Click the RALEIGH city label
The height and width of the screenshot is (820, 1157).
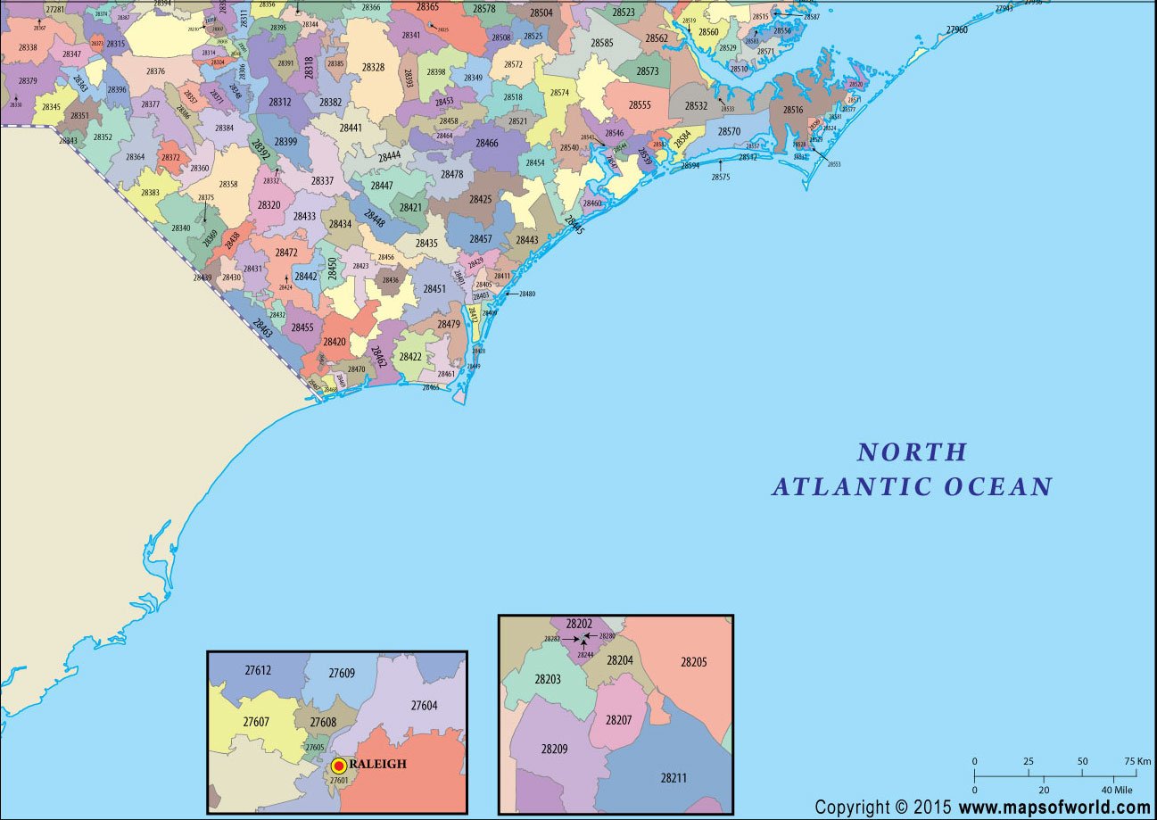(x=378, y=765)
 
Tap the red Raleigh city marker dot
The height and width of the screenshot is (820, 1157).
(x=339, y=766)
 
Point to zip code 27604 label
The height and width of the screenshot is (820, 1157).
(x=424, y=706)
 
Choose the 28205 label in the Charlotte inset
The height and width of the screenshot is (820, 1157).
(x=693, y=662)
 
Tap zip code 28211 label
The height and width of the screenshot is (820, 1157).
(x=674, y=778)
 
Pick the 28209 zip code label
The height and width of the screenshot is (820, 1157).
(x=553, y=749)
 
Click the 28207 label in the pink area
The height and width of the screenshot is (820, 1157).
(x=618, y=719)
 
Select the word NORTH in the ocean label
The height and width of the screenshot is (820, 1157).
(x=912, y=452)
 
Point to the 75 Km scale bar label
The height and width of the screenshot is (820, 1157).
(x=1137, y=761)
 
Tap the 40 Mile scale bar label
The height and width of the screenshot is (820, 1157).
(x=1117, y=791)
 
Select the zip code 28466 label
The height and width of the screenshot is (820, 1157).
(x=487, y=144)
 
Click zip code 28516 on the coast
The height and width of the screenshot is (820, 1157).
(x=793, y=111)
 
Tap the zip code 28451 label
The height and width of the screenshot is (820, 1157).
(x=434, y=289)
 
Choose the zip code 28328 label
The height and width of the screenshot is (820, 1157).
(x=373, y=68)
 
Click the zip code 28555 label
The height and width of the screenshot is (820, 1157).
(x=640, y=105)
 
